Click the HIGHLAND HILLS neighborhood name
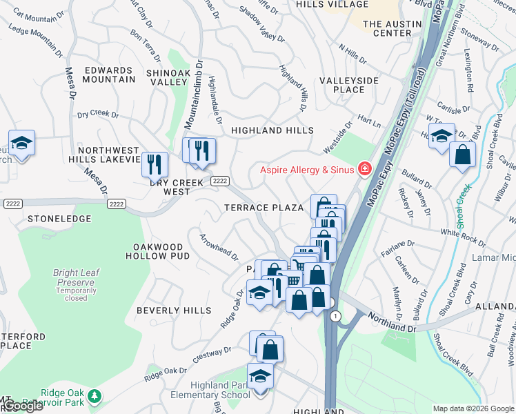[272, 130]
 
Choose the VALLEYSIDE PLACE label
[348, 85]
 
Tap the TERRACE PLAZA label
[263, 208]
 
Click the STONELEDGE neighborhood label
[59, 218]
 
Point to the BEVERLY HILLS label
[173, 310]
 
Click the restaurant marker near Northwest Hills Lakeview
[154, 165]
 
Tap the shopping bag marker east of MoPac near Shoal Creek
[462, 154]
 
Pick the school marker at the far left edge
[21, 144]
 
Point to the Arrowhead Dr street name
[219, 247]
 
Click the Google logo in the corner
[23, 406]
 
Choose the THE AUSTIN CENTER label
[387, 28]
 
